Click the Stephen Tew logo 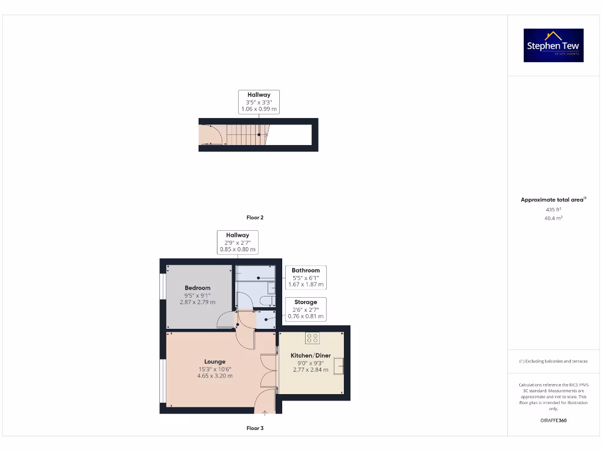click(553, 45)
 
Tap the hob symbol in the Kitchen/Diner click(312, 338)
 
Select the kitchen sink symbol click(339, 366)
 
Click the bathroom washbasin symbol click(271, 288)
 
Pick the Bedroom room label click(198, 288)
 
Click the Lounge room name click(215, 362)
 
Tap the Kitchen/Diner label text click(310, 355)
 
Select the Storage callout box click(305, 309)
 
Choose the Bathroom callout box click(306, 277)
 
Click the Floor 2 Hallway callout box click(259, 102)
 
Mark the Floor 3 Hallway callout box click(238, 242)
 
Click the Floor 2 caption click(255, 218)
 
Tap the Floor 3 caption click(255, 428)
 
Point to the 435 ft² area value click(553, 209)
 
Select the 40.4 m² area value click(553, 218)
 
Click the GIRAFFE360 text click(553, 420)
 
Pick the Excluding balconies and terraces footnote click(553, 361)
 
